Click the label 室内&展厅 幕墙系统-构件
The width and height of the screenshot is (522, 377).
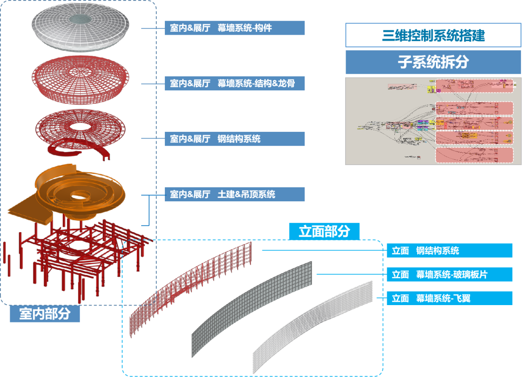click(x=234, y=28)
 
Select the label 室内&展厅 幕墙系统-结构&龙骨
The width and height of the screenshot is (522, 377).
click(x=234, y=84)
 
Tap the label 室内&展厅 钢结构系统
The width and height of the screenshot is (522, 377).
click(x=234, y=139)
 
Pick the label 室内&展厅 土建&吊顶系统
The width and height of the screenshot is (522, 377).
click(x=234, y=195)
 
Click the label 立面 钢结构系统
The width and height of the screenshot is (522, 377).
click(x=449, y=251)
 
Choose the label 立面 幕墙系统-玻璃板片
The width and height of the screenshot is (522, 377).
click(x=449, y=275)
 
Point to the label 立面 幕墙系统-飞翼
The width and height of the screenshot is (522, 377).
click(x=449, y=299)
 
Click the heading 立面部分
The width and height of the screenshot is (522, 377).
click(x=324, y=231)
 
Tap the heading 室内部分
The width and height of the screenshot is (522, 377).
click(x=44, y=314)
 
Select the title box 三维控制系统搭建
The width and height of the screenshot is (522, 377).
click(x=433, y=35)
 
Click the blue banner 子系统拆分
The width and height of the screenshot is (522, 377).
click(x=433, y=62)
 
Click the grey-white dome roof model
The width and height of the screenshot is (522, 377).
click(x=53, y=34)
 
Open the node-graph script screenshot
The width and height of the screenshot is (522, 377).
click(x=433, y=121)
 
